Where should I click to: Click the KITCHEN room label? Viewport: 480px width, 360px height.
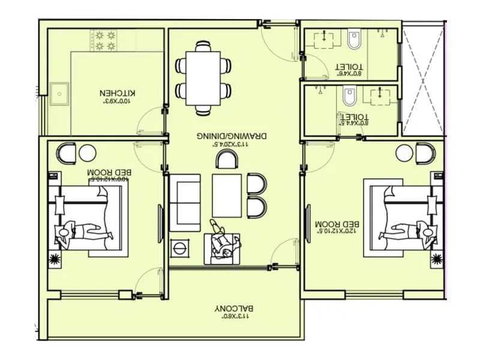pyautogui.click(x=118, y=96)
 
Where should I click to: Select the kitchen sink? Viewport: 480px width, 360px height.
pyautogui.click(x=59, y=94)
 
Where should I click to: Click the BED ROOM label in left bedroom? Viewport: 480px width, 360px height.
pyautogui.click(x=109, y=175)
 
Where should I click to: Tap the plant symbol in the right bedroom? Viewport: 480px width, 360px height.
pyautogui.click(x=437, y=259)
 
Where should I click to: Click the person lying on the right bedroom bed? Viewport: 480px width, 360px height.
pyautogui.click(x=406, y=231)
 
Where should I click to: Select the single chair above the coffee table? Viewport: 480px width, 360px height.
pyautogui.click(x=227, y=160)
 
